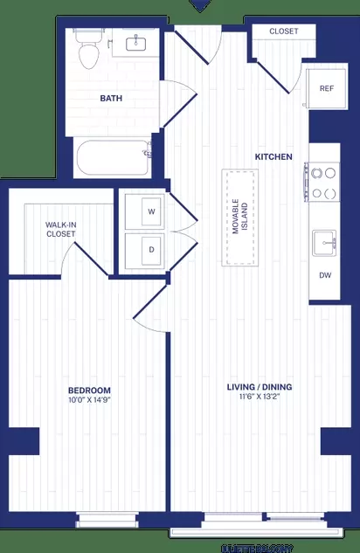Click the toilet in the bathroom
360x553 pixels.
[87, 53]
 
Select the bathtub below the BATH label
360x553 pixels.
[114, 158]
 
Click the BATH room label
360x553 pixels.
[112, 99]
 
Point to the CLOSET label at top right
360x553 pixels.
[283, 31]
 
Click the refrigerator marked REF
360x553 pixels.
[326, 88]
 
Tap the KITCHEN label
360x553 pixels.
[273, 157]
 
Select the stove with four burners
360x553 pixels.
[324, 183]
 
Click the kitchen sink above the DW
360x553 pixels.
[327, 241]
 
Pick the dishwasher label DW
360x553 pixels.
[326, 276]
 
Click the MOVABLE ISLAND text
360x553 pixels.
[240, 217]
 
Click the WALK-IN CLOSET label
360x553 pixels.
[60, 230]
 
